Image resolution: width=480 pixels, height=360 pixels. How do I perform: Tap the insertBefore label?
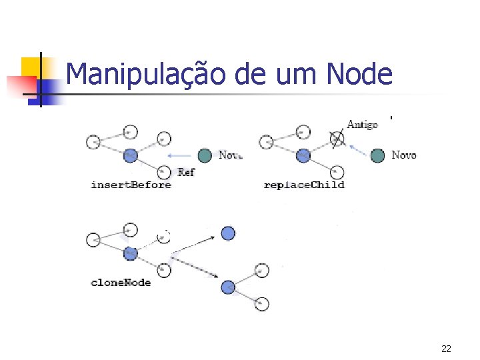pyautogui.click(x=131, y=185)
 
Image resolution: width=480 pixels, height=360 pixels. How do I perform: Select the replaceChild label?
pyautogui.click(x=304, y=185)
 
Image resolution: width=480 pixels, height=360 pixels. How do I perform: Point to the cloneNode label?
pyautogui.click(x=121, y=282)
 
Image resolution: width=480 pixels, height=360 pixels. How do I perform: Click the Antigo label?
pyautogui.click(x=363, y=125)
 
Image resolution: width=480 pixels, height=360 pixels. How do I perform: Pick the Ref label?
pyautogui.click(x=187, y=172)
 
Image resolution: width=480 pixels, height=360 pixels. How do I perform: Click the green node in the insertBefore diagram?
pyautogui.click(x=205, y=155)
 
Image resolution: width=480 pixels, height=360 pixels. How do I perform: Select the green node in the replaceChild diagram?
pyautogui.click(x=378, y=155)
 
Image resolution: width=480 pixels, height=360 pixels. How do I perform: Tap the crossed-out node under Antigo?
pyautogui.click(x=337, y=139)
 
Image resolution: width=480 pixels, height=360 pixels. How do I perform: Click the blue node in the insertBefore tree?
pyautogui.click(x=131, y=155)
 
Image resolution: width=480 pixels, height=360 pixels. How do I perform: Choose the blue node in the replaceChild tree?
pyautogui.click(x=303, y=155)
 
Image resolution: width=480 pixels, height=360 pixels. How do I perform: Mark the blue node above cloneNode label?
pyautogui.click(x=131, y=253)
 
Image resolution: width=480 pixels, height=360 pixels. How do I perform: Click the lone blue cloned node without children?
pyautogui.click(x=228, y=233)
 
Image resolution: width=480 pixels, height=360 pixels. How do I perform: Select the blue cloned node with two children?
pyautogui.click(x=228, y=287)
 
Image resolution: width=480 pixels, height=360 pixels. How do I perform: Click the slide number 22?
pyautogui.click(x=446, y=348)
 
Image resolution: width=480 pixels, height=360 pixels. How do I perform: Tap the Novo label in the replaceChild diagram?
pyautogui.click(x=404, y=155)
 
